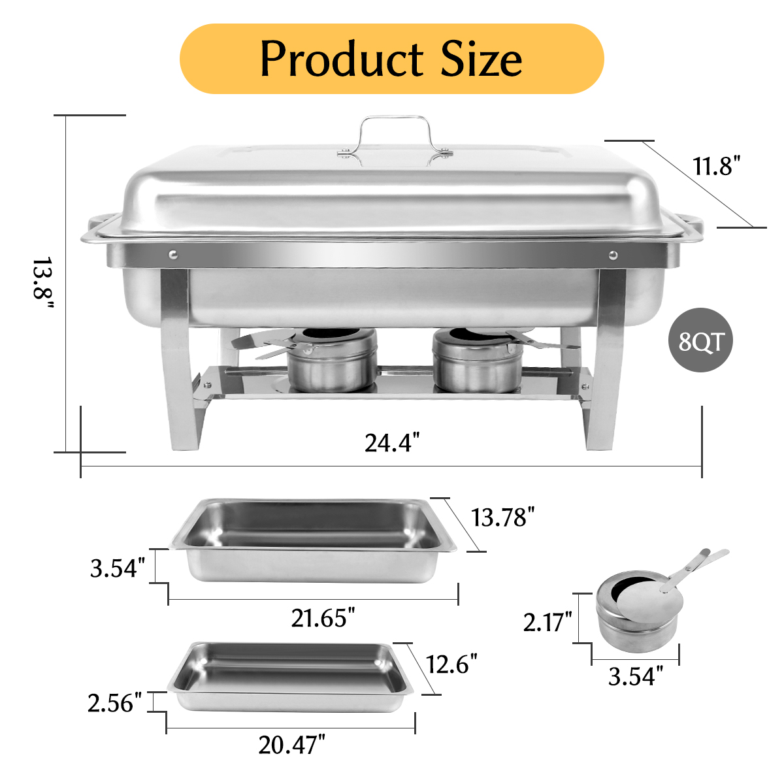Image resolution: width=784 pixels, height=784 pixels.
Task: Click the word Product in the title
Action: tap(342, 59)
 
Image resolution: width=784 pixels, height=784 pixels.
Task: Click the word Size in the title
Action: tap(482, 59)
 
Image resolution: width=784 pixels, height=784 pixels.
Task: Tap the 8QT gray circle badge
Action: tap(702, 340)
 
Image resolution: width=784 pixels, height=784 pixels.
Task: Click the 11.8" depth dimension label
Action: tap(717, 166)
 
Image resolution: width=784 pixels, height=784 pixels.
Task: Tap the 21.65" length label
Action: tap(323, 617)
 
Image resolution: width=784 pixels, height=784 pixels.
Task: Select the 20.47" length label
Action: tap(291, 744)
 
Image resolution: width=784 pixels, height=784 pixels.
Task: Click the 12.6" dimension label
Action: tap(451, 664)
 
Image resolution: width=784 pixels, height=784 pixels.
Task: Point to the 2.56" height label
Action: tap(115, 703)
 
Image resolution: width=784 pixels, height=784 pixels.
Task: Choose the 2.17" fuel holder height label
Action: tap(547, 621)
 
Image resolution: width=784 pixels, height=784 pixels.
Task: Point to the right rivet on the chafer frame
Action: tap(613, 255)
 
